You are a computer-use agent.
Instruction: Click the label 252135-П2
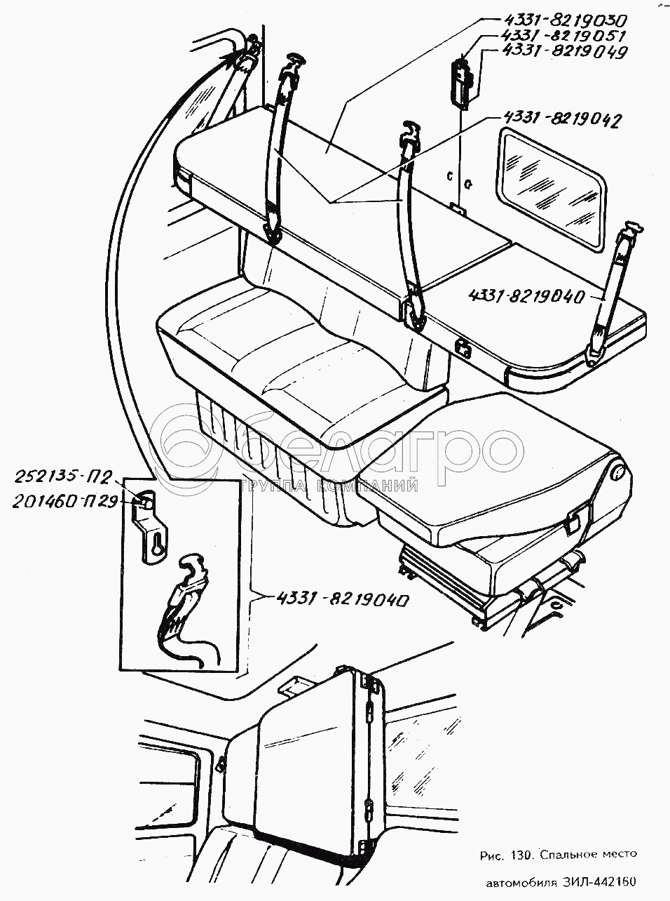coord(62,478)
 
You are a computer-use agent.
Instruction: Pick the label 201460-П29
coord(64,502)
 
